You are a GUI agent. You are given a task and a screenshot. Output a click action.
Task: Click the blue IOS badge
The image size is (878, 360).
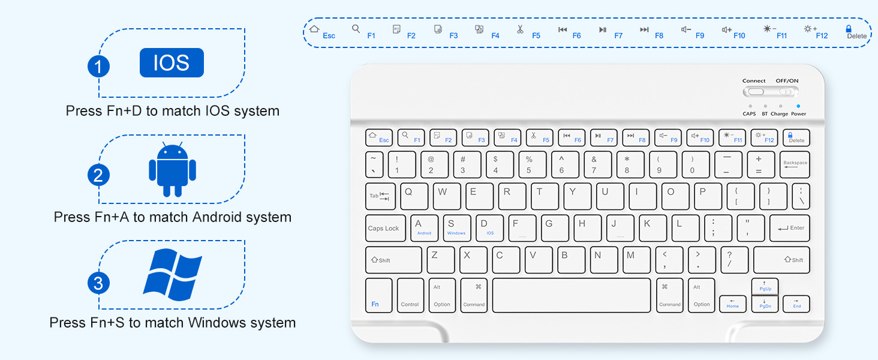tap(172, 62)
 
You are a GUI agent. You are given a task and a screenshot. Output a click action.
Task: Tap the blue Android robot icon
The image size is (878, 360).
tap(173, 170)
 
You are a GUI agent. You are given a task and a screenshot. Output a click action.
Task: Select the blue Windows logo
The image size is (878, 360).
tap(172, 275)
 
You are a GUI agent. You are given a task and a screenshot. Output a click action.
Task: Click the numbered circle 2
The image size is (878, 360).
tap(98, 175)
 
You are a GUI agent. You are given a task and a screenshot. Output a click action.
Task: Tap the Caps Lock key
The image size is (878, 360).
tap(384, 229)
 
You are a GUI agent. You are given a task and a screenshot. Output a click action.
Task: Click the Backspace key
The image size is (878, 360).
tap(795, 164)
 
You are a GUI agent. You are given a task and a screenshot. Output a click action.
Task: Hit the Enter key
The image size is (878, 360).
tap(790, 229)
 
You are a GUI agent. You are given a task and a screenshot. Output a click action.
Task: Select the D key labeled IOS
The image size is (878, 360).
tap(489, 229)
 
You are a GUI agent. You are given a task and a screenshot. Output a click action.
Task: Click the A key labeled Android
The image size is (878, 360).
tap(424, 229)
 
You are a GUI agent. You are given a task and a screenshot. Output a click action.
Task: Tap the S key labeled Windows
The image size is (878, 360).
tap(456, 229)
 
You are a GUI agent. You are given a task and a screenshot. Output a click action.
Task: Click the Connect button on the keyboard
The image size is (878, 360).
tap(755, 92)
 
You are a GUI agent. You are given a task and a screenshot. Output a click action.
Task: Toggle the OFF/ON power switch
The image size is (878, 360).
tap(786, 92)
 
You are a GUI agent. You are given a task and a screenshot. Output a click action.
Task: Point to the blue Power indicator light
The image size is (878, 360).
tap(798, 106)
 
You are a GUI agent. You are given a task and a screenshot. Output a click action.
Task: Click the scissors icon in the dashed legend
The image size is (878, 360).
tap(520, 29)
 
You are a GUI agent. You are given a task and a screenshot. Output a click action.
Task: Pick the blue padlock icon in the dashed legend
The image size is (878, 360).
tap(849, 28)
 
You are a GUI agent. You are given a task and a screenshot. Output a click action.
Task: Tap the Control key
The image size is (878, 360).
tap(410, 295)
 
